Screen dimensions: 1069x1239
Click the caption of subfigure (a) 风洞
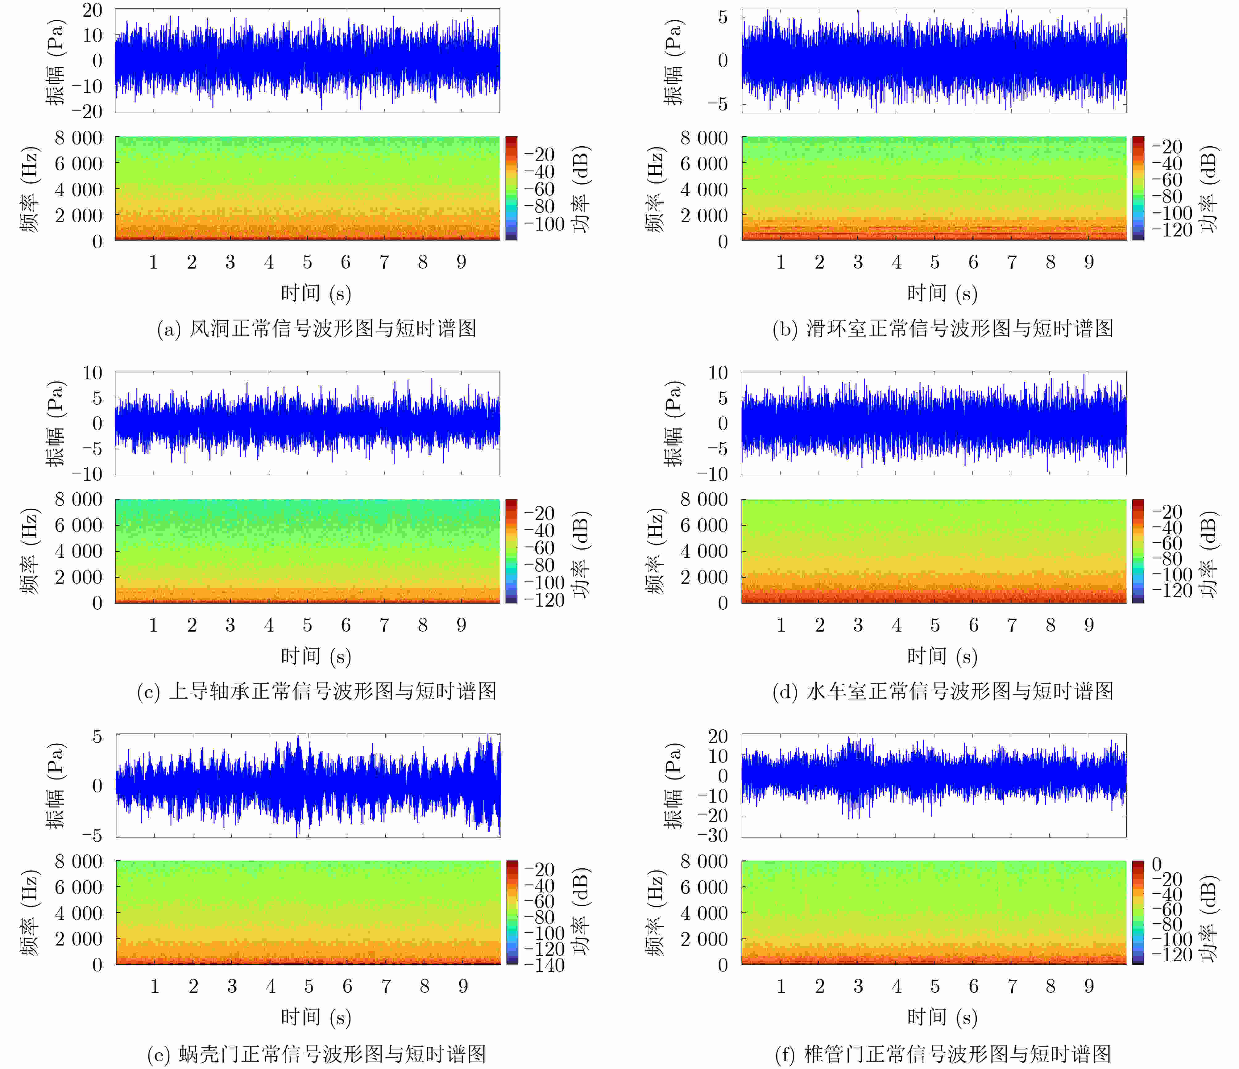coord(316,328)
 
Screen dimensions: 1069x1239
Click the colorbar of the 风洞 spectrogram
coord(511,188)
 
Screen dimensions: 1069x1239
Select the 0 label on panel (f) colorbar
coord(1157,864)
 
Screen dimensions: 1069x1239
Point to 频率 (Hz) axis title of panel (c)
coord(30,551)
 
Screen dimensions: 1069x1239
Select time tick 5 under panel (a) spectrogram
coord(307,262)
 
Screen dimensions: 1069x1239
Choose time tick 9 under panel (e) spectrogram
coord(463,987)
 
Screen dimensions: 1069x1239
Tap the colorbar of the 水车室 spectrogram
coord(1137,551)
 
